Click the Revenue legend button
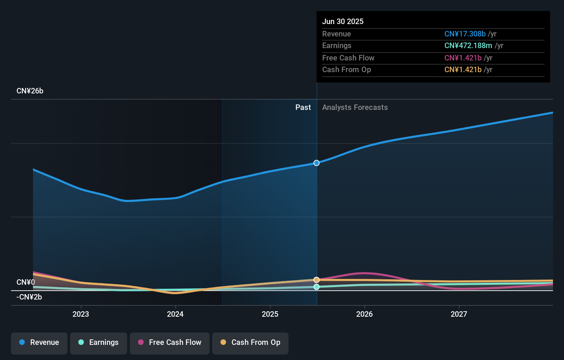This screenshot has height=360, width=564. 39,342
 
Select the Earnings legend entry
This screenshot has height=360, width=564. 99,342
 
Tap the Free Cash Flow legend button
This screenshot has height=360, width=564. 170,342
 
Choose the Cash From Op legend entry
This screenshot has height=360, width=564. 250,342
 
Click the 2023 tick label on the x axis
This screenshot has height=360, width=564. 81,314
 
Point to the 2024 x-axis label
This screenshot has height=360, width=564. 175,314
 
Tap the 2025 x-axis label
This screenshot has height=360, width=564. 270,314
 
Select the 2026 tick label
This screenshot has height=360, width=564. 364,314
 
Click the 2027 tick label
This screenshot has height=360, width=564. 459,314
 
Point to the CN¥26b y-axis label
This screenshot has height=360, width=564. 30,91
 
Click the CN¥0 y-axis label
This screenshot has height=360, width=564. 26,282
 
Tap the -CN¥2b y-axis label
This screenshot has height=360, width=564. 29,297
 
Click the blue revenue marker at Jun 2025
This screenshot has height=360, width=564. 317,163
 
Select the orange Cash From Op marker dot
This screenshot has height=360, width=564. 317,280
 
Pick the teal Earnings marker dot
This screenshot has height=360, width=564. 317,287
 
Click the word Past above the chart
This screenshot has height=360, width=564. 303,108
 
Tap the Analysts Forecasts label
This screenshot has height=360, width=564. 355,108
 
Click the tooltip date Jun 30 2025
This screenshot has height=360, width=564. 343,21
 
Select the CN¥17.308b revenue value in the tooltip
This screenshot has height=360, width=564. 465,34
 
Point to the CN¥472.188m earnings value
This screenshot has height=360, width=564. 468,45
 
